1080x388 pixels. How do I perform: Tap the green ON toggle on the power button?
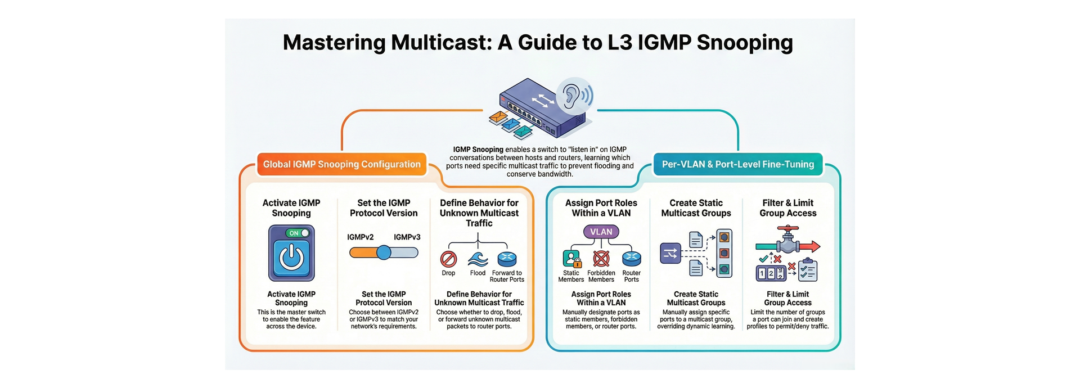coord(298,233)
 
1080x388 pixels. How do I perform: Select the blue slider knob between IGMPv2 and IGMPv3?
coord(384,252)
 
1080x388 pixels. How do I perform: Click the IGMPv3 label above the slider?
coord(407,237)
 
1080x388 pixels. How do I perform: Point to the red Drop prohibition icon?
coord(448,259)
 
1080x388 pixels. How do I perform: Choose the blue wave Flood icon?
coord(478,259)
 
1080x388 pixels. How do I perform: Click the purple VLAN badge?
coord(601,232)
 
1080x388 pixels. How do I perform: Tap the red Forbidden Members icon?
coord(601,259)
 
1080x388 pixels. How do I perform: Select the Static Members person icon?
coord(571,259)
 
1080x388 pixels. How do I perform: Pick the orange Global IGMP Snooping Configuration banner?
coord(341,164)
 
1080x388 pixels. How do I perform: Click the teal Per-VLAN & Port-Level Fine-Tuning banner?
coord(737,164)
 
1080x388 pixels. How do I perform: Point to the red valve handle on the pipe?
coord(788,229)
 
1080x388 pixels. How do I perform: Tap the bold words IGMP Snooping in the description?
coord(478,150)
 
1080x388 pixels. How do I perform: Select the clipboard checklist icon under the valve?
coord(808,270)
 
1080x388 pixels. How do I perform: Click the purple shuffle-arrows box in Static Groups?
coord(670,254)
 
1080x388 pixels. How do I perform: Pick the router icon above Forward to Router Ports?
coord(507,259)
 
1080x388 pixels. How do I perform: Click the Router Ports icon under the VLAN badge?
coord(631,259)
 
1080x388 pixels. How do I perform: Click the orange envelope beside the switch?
coord(498,117)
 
